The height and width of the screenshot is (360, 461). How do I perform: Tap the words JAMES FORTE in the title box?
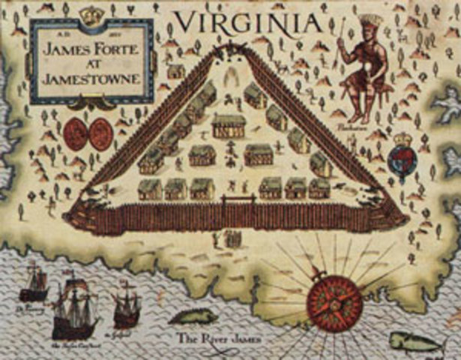tap(91, 51)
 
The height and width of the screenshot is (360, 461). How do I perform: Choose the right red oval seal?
tap(101, 134)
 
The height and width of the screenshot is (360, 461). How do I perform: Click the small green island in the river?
tap(193, 318)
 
